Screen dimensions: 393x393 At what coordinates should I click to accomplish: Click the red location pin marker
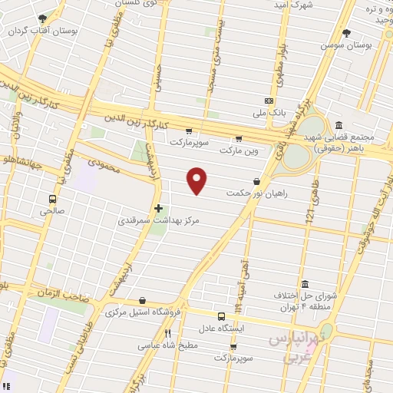pos(197,181)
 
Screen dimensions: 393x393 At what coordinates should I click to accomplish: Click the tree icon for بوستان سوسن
pos(346,33)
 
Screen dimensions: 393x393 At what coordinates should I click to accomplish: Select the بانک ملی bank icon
pos(269,101)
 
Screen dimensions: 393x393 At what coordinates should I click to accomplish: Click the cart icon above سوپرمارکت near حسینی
pos(188,130)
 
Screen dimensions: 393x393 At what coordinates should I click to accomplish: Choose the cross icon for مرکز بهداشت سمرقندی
pos(158,207)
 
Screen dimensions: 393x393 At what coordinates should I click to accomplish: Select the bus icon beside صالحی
pos(52,196)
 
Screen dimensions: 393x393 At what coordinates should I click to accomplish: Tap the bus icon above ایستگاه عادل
pos(221,315)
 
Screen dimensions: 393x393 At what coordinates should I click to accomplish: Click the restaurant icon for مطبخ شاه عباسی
pos(168,333)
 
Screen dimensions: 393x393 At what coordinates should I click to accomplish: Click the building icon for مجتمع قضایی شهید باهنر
pos(339,125)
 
